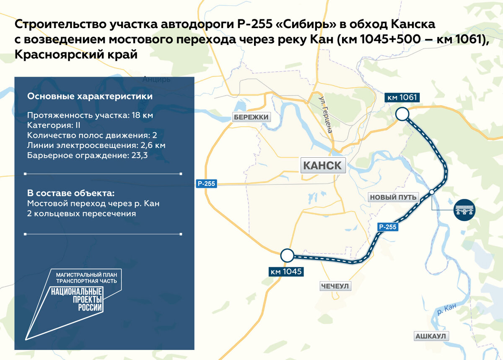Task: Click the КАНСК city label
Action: tap(322, 165)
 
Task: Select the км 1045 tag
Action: tap(286, 271)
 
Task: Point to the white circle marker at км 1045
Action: tap(287, 255)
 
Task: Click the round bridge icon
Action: tap(465, 209)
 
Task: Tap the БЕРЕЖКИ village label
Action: tap(251, 117)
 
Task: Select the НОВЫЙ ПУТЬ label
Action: tap(393, 197)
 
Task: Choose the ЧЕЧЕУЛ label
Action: tap(335, 286)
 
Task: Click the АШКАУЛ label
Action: tap(431, 336)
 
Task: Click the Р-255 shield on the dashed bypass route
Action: tap(387, 227)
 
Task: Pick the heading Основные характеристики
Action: tap(90, 97)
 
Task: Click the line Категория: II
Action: tap(53, 125)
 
